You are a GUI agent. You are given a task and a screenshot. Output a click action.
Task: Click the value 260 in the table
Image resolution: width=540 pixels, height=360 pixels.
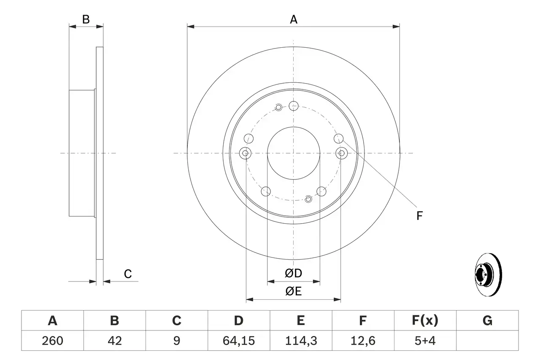point(52,341)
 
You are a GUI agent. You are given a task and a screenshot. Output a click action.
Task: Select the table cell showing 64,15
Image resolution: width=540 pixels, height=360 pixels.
point(239,341)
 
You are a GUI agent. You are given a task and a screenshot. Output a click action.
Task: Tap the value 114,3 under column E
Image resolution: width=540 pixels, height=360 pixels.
point(300,341)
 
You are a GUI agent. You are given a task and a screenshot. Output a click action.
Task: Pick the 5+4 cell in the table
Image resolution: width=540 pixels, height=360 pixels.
point(425,341)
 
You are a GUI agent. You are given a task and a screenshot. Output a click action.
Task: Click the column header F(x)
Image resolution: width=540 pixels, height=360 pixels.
point(425,321)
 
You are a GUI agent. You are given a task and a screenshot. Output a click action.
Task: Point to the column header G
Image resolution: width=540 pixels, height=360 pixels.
point(487,321)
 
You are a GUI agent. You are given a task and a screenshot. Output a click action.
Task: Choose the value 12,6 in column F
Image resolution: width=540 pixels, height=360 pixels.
point(362,341)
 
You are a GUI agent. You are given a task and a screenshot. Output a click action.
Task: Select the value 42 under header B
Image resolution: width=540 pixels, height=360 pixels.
point(114,341)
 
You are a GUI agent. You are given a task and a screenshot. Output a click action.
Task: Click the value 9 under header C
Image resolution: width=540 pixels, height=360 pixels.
point(176,341)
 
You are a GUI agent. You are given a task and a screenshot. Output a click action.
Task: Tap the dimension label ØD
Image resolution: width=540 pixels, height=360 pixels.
point(294,273)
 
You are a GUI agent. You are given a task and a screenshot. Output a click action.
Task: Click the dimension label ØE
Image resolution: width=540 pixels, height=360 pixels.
point(294,291)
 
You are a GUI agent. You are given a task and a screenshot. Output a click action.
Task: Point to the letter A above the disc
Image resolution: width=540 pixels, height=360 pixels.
point(294,19)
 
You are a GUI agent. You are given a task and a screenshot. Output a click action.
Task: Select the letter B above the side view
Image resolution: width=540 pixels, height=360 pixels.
point(86,19)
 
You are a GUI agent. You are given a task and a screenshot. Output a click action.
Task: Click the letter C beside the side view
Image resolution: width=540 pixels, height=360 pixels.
point(128,274)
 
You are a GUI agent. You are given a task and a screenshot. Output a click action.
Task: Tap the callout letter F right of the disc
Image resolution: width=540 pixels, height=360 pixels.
point(419,216)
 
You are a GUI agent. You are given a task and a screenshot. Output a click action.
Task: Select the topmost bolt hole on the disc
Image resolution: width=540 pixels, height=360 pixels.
point(294,106)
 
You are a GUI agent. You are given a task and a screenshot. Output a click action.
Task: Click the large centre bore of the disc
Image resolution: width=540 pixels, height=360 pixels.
point(294,153)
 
